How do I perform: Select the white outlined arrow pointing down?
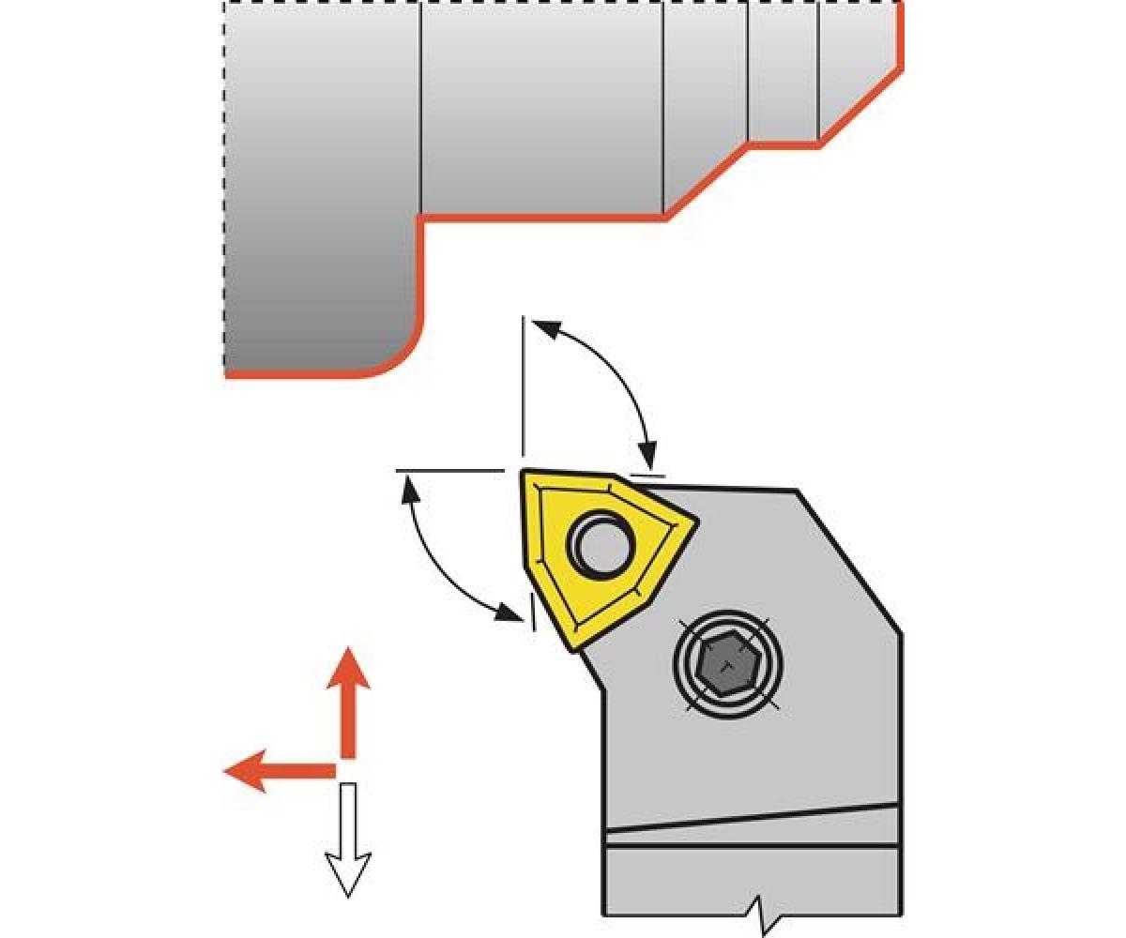point(348,840)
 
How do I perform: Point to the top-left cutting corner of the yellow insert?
point(526,475)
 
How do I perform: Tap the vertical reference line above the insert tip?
point(522,385)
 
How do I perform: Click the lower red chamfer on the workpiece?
point(706,182)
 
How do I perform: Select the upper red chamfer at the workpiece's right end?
point(861,107)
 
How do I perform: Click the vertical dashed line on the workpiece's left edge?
point(224,188)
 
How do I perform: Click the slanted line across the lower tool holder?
point(751,818)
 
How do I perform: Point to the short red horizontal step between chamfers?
point(784,144)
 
